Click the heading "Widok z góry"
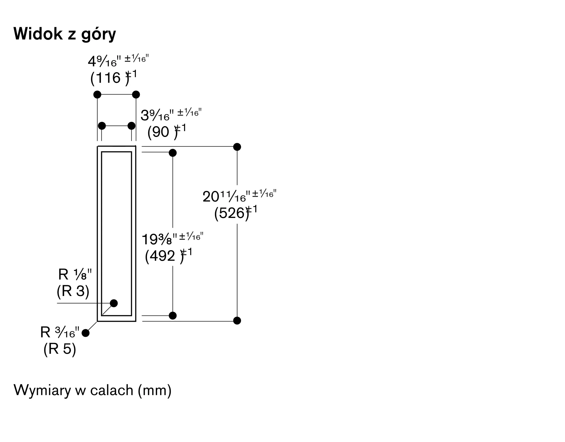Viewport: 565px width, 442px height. tap(65, 34)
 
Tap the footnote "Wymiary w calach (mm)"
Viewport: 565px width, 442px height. tap(93, 390)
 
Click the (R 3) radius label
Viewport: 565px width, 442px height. tap(73, 291)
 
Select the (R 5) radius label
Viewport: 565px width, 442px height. tap(60, 349)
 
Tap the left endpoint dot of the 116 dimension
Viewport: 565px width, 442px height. tap(97, 95)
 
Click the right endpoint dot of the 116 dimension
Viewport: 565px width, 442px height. tap(136, 95)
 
